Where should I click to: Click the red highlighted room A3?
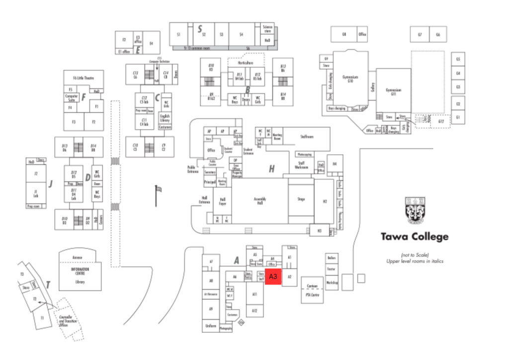pyautogui.click(x=273, y=276)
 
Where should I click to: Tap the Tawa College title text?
pyautogui.click(x=415, y=237)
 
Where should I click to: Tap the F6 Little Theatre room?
pyautogui.click(x=83, y=78)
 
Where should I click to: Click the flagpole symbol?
pyautogui.click(x=158, y=194)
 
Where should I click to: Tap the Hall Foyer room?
pyautogui.click(x=223, y=201)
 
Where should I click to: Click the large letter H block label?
pyautogui.click(x=271, y=169)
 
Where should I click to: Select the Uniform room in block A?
pyautogui.click(x=210, y=326)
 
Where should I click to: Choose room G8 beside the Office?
pyautogui.click(x=343, y=34)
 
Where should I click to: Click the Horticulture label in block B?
pyautogui.click(x=245, y=63)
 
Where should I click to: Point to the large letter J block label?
pyautogui.click(x=50, y=183)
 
